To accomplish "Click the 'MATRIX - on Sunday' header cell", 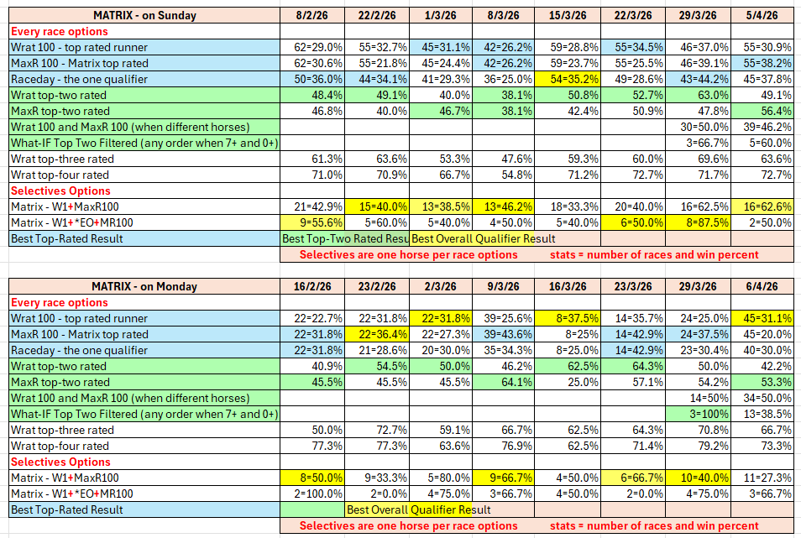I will tap(144, 15).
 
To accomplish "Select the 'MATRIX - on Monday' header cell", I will tap(144, 286).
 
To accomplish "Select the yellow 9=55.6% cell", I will tap(312, 222).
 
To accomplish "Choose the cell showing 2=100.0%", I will tap(312, 494).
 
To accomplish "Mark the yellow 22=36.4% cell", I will tap(377, 334).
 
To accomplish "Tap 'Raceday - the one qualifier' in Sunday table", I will tap(80, 79).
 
